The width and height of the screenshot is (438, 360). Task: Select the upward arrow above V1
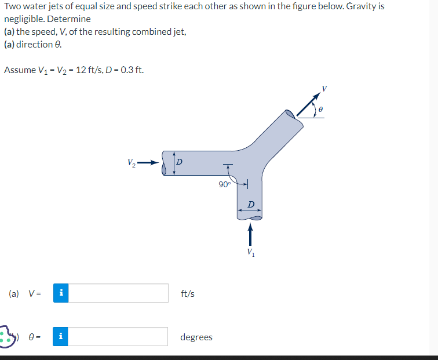click(250, 235)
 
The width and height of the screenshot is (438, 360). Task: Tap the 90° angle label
click(224, 184)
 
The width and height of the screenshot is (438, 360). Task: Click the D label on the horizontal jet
click(179, 161)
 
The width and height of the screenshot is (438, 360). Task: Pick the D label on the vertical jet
click(250, 204)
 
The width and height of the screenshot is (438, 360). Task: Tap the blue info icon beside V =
click(61, 293)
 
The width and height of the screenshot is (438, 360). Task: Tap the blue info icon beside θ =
click(61, 337)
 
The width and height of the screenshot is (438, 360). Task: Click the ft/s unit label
click(188, 294)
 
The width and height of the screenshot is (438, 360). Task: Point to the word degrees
click(196, 337)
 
